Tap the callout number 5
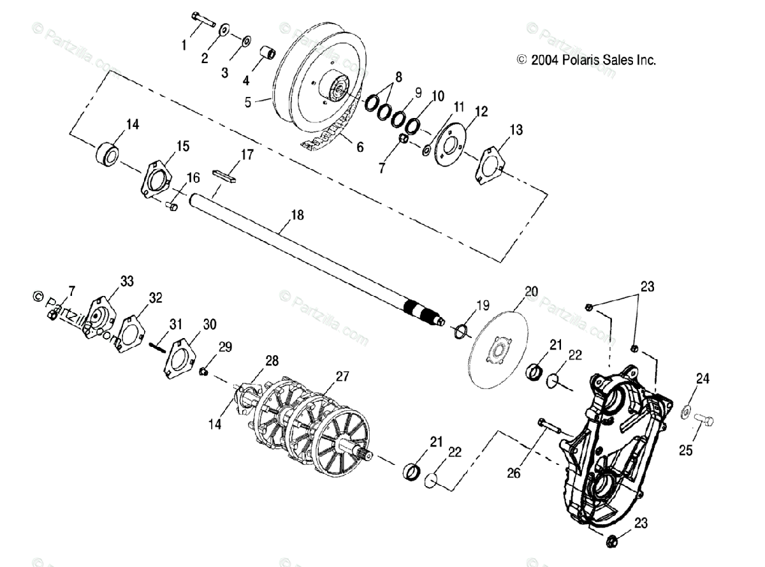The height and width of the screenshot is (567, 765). [x=249, y=99]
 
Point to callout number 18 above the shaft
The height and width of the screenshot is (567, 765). [x=297, y=216]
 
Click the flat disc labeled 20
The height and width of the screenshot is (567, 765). [x=499, y=348]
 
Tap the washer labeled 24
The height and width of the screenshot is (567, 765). [x=686, y=409]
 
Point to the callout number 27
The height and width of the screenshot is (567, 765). [x=342, y=376]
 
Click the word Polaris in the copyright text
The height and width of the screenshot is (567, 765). [x=580, y=60]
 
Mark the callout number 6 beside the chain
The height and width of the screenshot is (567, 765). [x=360, y=147]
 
